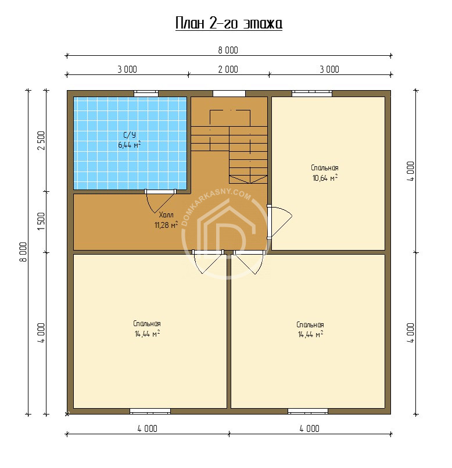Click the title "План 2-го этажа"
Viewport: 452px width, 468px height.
point(228,24)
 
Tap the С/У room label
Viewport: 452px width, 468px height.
point(129,135)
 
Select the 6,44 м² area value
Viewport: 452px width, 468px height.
point(130,145)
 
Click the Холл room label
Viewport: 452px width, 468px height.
point(166,215)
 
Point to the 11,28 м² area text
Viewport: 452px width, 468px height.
point(166,225)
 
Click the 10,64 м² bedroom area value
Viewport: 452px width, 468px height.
point(325,178)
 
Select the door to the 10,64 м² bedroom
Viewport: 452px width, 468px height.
point(279,221)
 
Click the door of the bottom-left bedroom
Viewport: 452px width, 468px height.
point(208,262)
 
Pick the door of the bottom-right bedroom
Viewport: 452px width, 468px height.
point(249,262)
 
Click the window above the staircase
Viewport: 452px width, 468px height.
point(229,94)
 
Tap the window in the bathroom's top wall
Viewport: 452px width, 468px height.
point(146,94)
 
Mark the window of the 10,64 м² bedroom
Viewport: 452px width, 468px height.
point(312,94)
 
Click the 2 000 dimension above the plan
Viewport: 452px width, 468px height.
point(228,70)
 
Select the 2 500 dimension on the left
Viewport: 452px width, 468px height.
point(41,141)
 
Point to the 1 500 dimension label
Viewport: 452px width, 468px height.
point(41,221)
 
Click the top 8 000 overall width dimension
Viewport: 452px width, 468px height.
point(228,51)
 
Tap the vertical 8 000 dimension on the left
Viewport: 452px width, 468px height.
point(23,252)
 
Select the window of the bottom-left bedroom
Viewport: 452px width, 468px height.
point(150,411)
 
